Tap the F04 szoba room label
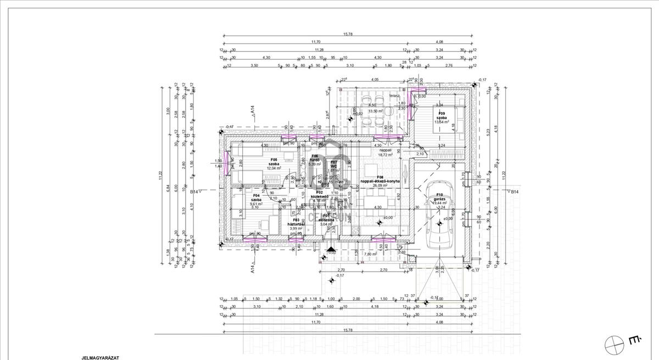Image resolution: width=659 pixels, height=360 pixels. (x=255, y=198)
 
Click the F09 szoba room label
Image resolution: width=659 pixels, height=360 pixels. (x=442, y=115)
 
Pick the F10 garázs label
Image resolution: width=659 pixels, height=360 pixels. (x=439, y=198)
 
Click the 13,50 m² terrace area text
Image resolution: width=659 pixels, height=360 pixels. (x=376, y=111)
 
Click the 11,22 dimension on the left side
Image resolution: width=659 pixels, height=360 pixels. (x=160, y=176)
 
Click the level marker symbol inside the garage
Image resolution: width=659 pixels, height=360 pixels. (x=439, y=224)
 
